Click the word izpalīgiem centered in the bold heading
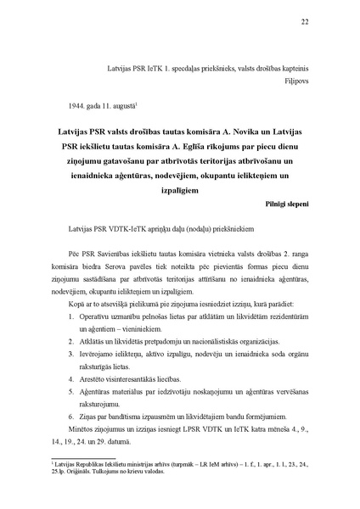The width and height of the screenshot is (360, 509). (179, 190)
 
